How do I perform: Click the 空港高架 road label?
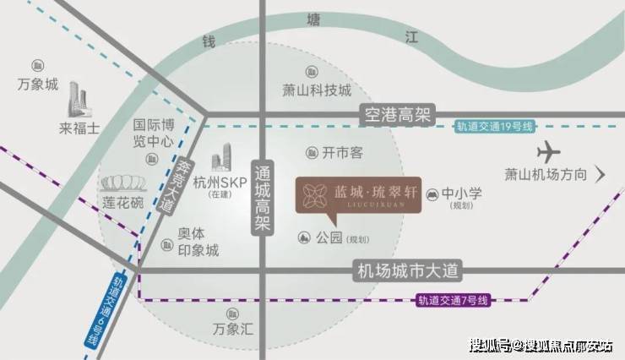[398, 116]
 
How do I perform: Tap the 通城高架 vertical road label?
[263, 197]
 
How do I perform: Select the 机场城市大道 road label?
[407, 271]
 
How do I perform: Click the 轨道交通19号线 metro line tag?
[494, 127]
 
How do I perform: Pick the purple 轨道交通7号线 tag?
[453, 300]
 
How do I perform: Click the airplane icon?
[548, 152]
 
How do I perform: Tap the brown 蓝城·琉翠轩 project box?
[358, 195]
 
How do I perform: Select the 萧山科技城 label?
[317, 90]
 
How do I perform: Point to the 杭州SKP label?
[220, 183]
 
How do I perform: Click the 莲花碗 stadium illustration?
[123, 183]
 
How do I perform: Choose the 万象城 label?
[38, 85]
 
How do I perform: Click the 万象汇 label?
[233, 329]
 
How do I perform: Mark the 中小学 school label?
[462, 194]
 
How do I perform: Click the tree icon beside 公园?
[304, 238]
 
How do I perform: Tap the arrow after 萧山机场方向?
[601, 174]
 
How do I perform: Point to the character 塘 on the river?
[313, 19]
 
